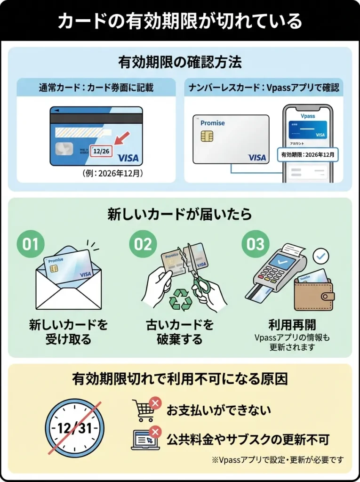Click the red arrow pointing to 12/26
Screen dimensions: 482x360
point(122,141)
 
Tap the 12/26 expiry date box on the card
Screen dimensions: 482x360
point(101,152)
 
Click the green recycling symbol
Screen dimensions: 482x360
point(180,299)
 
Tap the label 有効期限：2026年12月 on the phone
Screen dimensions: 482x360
point(308,154)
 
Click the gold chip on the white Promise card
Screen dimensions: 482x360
point(206,137)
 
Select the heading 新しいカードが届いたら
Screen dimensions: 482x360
point(180,214)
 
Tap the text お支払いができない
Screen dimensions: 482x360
point(218,410)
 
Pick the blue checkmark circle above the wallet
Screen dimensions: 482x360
point(321,256)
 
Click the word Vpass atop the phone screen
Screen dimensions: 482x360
point(308,115)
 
